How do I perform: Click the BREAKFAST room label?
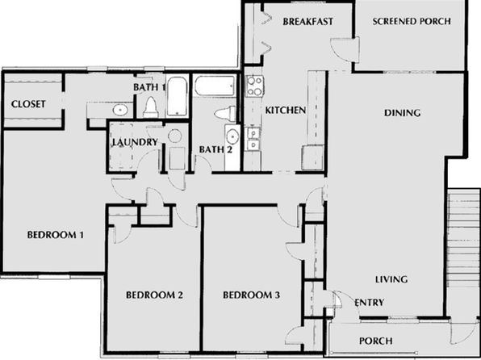pyautogui.click(x=307, y=22)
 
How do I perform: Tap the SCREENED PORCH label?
pyautogui.click(x=412, y=21)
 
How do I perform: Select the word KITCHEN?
pyautogui.click(x=285, y=110)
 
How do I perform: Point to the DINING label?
pyautogui.click(x=402, y=113)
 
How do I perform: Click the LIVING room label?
pyautogui.click(x=391, y=279)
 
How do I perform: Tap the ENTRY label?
pyautogui.click(x=370, y=303)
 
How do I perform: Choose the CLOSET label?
pyautogui.click(x=28, y=104)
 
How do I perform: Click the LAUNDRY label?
pyautogui.click(x=135, y=142)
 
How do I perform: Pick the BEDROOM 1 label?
pyautogui.click(x=56, y=235)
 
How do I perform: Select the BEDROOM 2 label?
pyautogui.click(x=155, y=295)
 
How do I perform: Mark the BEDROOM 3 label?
pyautogui.click(x=252, y=295)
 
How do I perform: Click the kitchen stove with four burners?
pyautogui.click(x=254, y=86)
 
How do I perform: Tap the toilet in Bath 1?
pyautogui.click(x=151, y=107)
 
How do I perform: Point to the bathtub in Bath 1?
pyautogui.click(x=177, y=96)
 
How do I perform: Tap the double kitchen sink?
pyautogui.click(x=253, y=139)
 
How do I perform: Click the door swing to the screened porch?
pyautogui.click(x=344, y=50)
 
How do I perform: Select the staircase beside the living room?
pyautogui.click(x=463, y=240)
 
